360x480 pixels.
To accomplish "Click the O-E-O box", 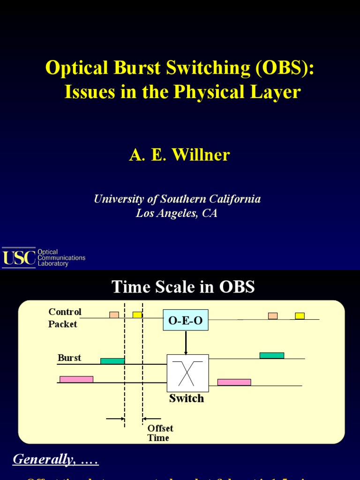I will click(x=186, y=320).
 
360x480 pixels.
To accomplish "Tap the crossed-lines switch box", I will click(x=187, y=373).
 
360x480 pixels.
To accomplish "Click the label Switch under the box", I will click(x=187, y=398).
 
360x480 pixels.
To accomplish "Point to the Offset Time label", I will click(x=160, y=433).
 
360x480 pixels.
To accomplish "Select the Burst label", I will click(x=69, y=358).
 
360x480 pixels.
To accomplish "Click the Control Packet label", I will click(x=64, y=318).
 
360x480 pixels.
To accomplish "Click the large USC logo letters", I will click(x=19, y=257).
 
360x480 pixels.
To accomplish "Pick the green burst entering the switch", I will click(x=112, y=361).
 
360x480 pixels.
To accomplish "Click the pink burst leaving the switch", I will click(x=234, y=382).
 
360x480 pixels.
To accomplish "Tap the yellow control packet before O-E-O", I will click(x=137, y=315).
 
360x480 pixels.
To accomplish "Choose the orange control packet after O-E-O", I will click(x=273, y=315).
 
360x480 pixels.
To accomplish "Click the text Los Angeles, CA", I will click(x=177, y=214).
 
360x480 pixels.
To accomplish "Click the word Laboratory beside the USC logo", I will click(x=53, y=264).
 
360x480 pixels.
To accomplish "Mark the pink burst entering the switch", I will click(x=76, y=379).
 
